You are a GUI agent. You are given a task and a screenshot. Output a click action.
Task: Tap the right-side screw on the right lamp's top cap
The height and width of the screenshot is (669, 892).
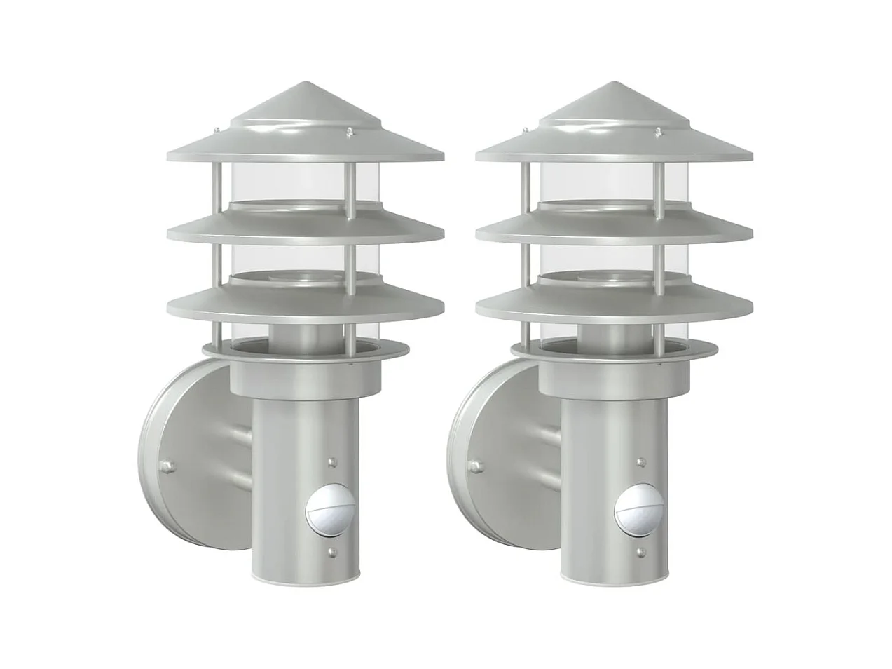tap(657, 130)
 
